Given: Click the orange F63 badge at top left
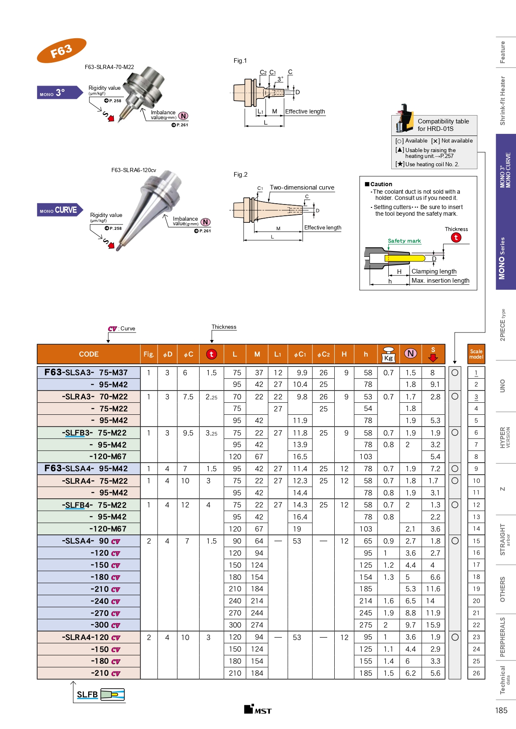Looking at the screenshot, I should [x=62, y=51].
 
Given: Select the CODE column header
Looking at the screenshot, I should [x=89, y=354].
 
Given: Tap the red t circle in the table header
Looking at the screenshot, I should [x=211, y=354].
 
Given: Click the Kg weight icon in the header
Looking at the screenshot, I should [x=388, y=355].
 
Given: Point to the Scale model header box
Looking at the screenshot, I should [x=476, y=354].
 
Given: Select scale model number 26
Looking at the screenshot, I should [x=476, y=673].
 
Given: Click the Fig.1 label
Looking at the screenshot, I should [x=240, y=61].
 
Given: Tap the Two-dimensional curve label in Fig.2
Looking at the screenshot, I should [x=302, y=187].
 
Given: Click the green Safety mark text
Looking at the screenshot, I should [x=404, y=241].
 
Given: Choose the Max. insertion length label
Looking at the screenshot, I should [x=440, y=281].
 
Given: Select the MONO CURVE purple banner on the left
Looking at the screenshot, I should [x=59, y=210].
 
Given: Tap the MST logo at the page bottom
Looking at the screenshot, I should [x=258, y=709].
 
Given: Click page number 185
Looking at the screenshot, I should [x=501, y=710].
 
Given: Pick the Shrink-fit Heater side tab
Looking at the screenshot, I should [x=503, y=101].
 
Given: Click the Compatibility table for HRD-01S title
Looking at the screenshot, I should [x=443, y=125].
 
